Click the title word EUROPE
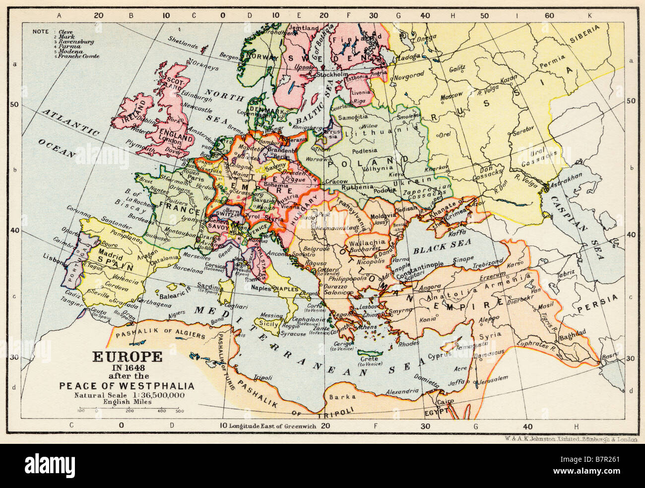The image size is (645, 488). [128, 357]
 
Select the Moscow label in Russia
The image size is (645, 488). [451, 94]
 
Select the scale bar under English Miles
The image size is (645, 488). [129, 408]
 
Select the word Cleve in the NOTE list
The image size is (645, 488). [65, 32]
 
